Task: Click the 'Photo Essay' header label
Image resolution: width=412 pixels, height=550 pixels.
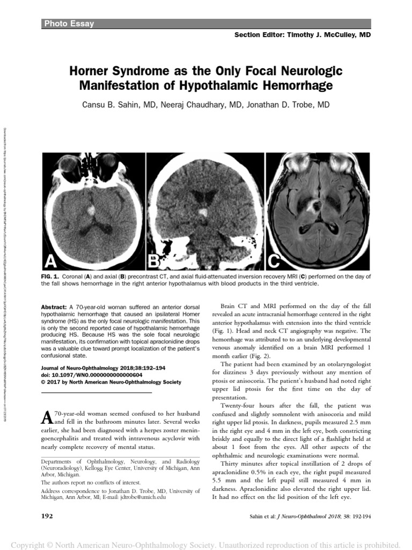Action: point(69,24)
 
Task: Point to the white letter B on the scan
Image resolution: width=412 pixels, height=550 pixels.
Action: point(154,261)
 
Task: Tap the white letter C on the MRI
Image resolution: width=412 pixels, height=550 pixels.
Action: point(274,261)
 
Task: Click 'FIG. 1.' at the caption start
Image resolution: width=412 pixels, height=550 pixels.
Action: point(51,276)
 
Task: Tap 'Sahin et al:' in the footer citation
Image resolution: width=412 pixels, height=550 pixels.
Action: point(266,516)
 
